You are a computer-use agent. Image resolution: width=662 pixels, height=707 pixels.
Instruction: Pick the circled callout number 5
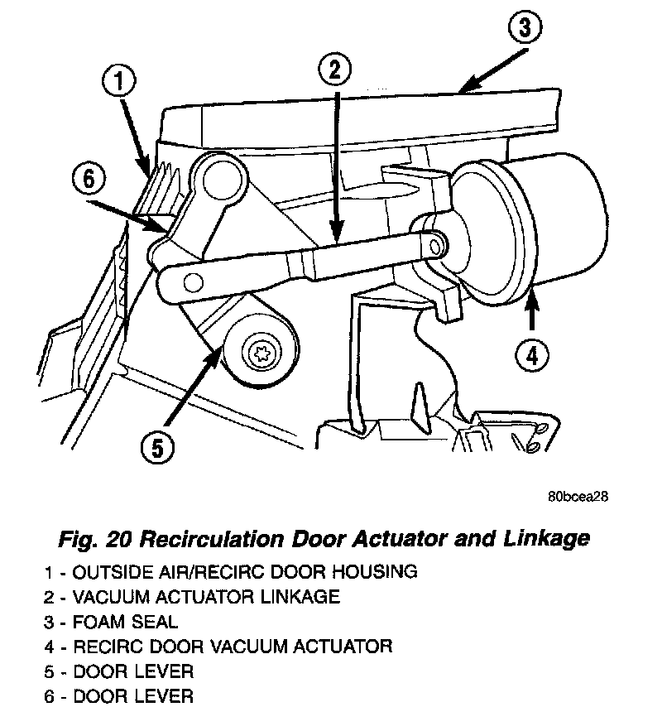coord(157,448)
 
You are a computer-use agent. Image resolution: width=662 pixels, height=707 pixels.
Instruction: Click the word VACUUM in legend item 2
coord(116,596)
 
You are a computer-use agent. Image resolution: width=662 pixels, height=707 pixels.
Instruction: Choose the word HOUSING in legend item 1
coord(379,571)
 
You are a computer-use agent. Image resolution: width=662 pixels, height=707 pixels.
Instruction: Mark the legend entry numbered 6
coord(120,695)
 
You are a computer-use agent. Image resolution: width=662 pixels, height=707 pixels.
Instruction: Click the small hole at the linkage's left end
coord(193,281)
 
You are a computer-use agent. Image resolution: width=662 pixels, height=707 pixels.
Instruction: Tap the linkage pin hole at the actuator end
coord(436,242)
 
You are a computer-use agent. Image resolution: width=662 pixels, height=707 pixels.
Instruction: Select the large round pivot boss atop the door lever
coord(219,177)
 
